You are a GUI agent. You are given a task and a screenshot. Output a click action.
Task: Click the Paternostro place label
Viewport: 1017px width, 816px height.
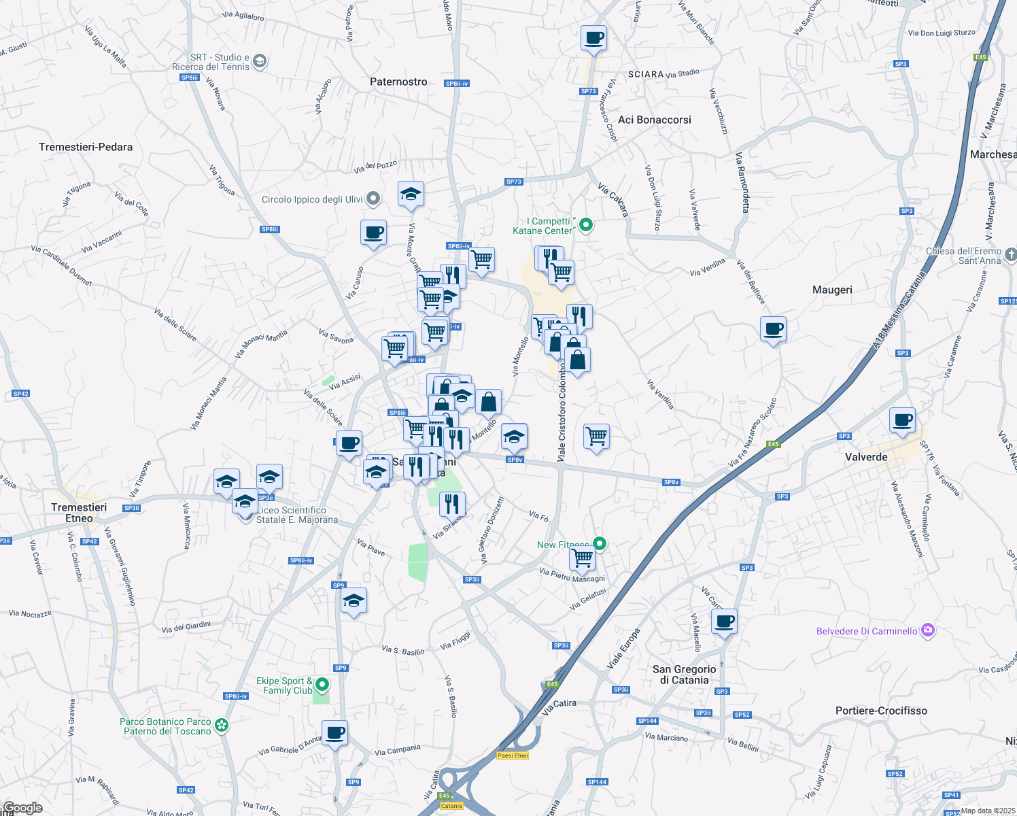(x=398, y=82)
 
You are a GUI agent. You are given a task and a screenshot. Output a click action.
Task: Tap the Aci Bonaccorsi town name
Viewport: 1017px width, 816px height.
(x=654, y=120)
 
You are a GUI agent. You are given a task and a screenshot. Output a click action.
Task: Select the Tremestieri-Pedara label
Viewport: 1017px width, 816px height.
(x=86, y=147)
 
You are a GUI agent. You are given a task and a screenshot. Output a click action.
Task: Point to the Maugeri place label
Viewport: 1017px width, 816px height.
(x=832, y=290)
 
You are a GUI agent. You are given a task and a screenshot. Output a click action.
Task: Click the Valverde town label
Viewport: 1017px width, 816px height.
(x=866, y=457)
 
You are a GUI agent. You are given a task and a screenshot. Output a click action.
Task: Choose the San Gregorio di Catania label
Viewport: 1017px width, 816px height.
(x=684, y=675)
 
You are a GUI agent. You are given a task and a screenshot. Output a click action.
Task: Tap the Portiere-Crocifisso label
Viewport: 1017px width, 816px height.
(x=881, y=711)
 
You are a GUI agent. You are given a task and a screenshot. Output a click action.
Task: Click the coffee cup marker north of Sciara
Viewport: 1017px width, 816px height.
(x=593, y=39)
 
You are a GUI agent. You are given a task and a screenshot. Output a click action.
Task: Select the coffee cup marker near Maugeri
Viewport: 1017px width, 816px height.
(x=773, y=330)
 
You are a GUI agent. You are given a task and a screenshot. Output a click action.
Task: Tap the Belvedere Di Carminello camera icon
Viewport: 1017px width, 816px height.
(x=928, y=630)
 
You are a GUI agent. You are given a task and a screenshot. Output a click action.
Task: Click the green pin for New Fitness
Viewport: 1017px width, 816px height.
(x=600, y=543)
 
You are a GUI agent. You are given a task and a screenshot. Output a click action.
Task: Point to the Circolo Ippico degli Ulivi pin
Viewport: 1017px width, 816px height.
(x=373, y=199)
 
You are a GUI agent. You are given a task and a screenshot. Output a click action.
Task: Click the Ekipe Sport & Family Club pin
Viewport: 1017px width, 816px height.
(x=323, y=685)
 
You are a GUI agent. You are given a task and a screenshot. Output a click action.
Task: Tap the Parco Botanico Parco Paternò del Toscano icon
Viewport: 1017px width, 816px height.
(x=222, y=726)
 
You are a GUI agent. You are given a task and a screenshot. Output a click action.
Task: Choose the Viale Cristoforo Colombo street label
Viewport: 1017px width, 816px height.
(x=562, y=413)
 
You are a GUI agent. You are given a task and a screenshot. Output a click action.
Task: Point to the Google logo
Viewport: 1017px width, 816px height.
(x=23, y=808)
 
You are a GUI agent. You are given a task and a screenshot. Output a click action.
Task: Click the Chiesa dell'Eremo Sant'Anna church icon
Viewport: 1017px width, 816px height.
(x=1011, y=255)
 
